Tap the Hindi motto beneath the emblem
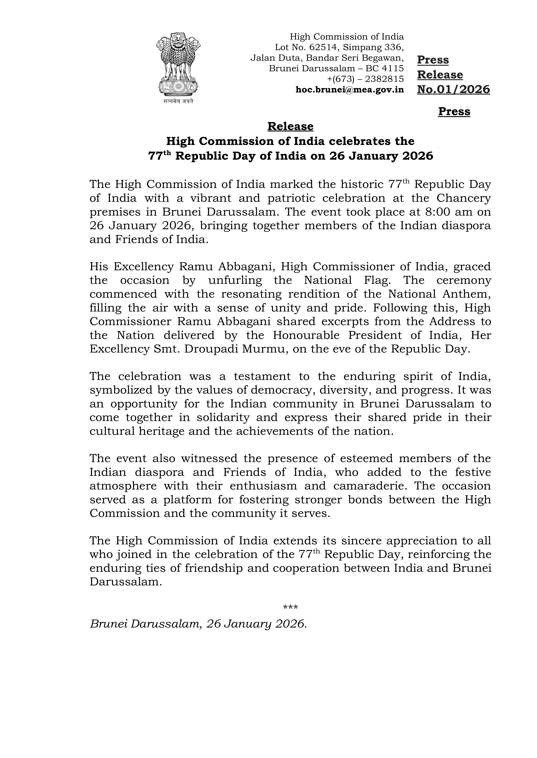178,102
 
